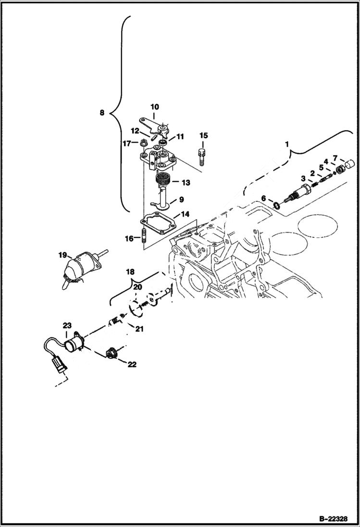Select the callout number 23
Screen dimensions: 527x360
(65, 326)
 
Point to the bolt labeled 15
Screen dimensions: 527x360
(202, 156)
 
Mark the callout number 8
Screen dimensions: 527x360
(101, 113)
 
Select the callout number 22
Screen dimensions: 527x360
(132, 365)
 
